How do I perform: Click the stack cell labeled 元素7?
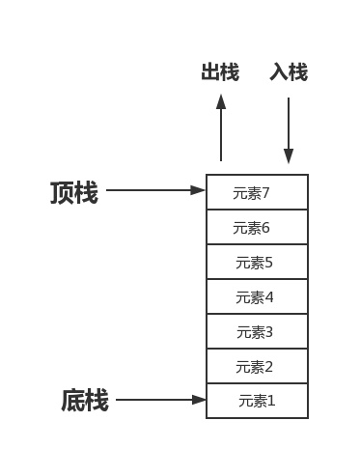pos(257,192)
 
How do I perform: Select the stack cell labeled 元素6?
pos(257,227)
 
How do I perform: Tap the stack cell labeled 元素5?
pos(257,262)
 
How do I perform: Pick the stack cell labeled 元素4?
pos(257,296)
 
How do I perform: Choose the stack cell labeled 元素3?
pos(257,331)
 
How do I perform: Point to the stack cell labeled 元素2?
pos(257,366)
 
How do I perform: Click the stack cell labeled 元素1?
pos(257,400)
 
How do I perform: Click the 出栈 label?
pos(220,73)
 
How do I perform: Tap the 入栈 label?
pos(289,73)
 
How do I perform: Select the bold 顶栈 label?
pos(73,192)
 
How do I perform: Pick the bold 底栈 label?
pos(85,400)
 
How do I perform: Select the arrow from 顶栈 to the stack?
pos(155,191)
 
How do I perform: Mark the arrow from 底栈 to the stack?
pos(160,400)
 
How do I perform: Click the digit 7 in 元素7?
pos(265,192)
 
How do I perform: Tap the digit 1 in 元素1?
pos(271,400)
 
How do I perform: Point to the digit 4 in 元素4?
pos(270,296)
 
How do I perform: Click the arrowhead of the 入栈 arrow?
pos(289,156)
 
